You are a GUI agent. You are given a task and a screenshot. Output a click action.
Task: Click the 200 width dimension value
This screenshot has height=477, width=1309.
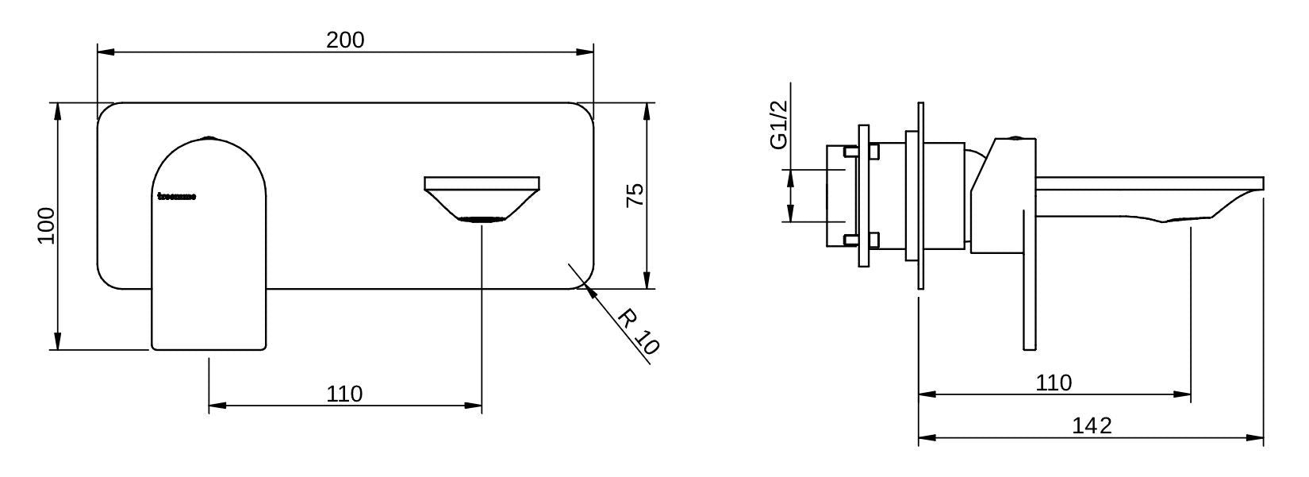(x=345, y=40)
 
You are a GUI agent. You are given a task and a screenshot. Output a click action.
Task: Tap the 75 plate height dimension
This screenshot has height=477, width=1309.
(x=635, y=195)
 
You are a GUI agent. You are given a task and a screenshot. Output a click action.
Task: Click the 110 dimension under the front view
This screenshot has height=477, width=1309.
(x=344, y=394)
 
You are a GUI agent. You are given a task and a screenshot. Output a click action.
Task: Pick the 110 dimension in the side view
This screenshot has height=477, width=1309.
(x=1054, y=383)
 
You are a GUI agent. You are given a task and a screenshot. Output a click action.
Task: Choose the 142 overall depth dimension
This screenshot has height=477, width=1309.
(x=1092, y=426)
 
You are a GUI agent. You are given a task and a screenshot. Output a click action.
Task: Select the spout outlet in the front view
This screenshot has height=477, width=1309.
(x=482, y=218)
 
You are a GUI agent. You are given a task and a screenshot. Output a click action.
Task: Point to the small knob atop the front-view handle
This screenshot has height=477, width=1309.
(x=209, y=137)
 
